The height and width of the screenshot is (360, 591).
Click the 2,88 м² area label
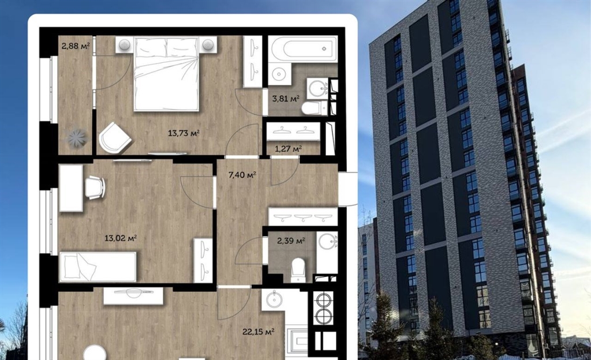(x=76, y=46)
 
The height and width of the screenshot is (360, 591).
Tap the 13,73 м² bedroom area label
(x=184, y=133)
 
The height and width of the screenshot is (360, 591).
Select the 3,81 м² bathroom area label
(x=286, y=99)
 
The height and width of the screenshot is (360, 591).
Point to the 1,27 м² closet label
(x=288, y=149)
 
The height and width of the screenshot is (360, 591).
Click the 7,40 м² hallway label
(x=242, y=175)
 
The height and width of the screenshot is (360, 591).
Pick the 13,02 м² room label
(x=121, y=238)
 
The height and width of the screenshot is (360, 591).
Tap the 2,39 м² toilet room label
(x=291, y=241)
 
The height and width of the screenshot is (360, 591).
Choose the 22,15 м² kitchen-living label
(x=258, y=332)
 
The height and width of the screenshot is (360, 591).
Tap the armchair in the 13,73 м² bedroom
(x=115, y=137)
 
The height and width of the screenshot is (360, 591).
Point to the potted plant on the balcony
(x=77, y=138)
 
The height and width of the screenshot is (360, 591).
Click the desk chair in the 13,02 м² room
(x=95, y=187)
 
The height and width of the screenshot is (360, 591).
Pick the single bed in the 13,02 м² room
(x=98, y=267)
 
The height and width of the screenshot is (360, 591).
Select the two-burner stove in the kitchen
(x=323, y=309)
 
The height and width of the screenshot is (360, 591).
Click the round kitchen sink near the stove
(x=274, y=299)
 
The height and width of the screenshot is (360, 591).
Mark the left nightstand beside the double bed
(x=125, y=45)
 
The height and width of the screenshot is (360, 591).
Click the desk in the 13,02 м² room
(x=71, y=188)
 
